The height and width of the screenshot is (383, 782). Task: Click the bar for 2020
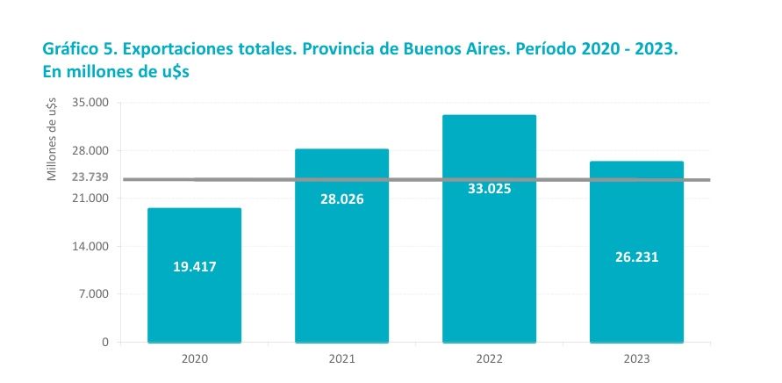click(x=194, y=299)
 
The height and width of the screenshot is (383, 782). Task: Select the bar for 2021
click(x=341, y=264)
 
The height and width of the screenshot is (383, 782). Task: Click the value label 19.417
click(x=194, y=266)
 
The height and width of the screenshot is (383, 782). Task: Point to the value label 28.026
click(x=341, y=199)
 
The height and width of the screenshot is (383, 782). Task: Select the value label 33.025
click(x=489, y=188)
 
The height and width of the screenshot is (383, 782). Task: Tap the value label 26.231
click(x=636, y=257)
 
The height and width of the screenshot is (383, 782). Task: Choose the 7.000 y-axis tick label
click(x=93, y=293)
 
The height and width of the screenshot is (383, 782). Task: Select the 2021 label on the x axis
click(x=341, y=358)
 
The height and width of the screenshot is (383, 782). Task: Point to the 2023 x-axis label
click(x=636, y=358)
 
